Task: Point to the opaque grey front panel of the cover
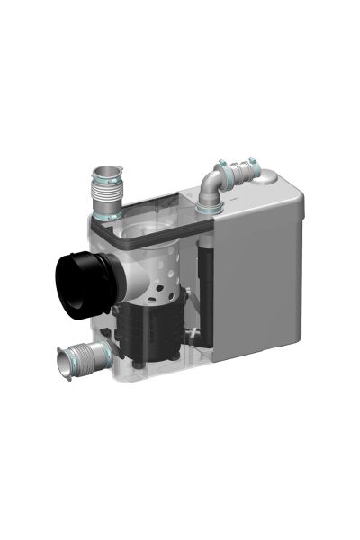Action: tap(256, 279)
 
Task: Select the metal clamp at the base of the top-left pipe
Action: tap(109, 215)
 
